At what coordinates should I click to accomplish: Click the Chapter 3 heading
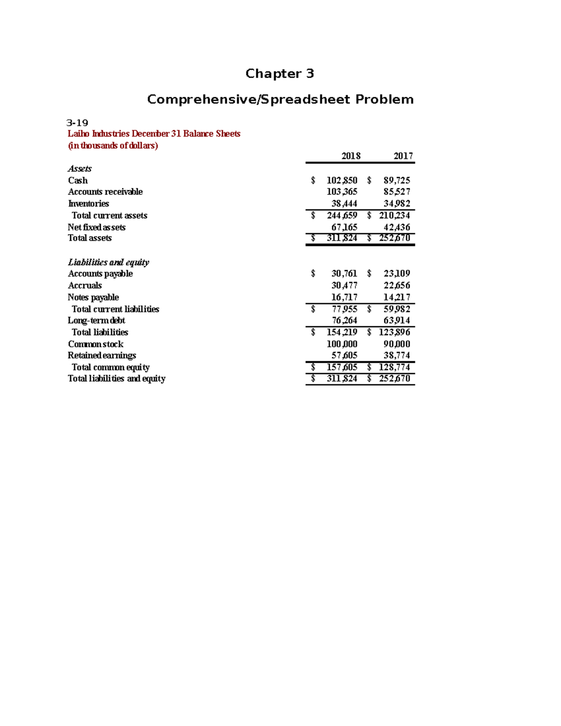click(x=280, y=73)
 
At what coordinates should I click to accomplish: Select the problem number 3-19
click(x=78, y=123)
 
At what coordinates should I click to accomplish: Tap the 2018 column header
click(x=351, y=156)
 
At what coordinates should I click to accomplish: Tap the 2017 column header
click(x=403, y=156)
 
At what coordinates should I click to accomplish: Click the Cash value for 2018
click(x=342, y=180)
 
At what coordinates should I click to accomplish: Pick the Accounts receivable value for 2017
click(x=396, y=192)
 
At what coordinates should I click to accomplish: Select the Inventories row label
click(x=88, y=204)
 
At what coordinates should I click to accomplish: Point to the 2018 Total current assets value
click(x=342, y=216)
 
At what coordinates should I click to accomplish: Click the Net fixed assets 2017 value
click(x=396, y=227)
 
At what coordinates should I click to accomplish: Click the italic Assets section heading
click(x=79, y=169)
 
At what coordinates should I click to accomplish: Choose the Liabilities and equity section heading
click(x=108, y=262)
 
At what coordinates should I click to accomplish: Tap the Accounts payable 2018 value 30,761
click(x=344, y=273)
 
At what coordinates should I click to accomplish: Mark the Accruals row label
click(x=85, y=286)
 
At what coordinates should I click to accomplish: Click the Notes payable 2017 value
click(x=396, y=297)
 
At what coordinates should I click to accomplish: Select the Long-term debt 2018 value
click(x=344, y=321)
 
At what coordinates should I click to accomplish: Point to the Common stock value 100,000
click(x=342, y=344)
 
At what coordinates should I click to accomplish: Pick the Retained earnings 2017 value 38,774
click(x=396, y=355)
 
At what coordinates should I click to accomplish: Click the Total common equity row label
click(x=110, y=367)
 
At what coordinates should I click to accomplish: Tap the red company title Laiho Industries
click(x=99, y=134)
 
